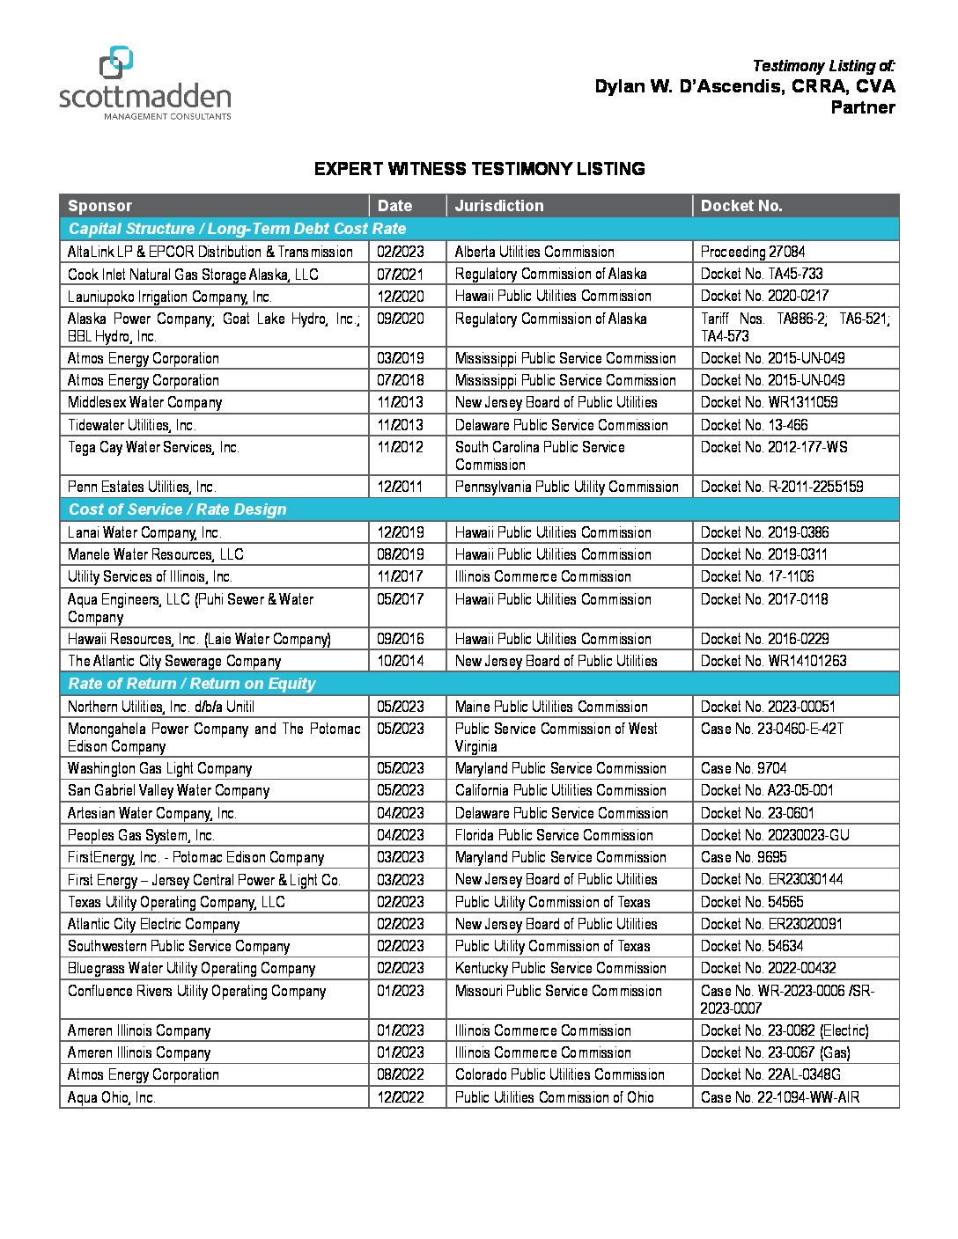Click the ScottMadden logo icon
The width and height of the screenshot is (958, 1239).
coord(116,63)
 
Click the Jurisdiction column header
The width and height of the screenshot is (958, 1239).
coord(499,206)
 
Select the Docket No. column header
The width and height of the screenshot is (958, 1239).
coord(741,206)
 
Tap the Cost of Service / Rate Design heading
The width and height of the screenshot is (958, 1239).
coord(178,510)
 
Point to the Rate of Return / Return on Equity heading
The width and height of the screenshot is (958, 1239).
coord(192,684)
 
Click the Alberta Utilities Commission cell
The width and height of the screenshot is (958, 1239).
coord(534,252)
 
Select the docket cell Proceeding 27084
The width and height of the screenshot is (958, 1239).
coord(753,252)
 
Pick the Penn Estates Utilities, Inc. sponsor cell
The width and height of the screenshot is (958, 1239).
coord(142,487)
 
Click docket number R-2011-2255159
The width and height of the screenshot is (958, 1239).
coord(782,487)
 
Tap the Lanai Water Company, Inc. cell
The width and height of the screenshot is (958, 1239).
coord(144,532)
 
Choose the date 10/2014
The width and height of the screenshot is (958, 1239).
coord(400,661)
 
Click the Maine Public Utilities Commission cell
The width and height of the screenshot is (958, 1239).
coord(551,707)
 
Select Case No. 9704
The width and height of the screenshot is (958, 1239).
coord(744,768)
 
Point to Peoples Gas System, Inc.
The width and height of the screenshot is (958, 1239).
coord(141,835)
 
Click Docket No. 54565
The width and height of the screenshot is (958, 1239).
coord(752,902)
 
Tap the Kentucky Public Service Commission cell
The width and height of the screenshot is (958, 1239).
coord(561,968)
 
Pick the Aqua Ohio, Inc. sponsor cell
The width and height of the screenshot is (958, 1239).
coord(112,1097)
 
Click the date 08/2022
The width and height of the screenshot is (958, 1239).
coord(400,1074)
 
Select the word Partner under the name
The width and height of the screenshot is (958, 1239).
coord(863,107)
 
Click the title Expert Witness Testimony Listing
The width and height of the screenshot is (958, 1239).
coord(480,169)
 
